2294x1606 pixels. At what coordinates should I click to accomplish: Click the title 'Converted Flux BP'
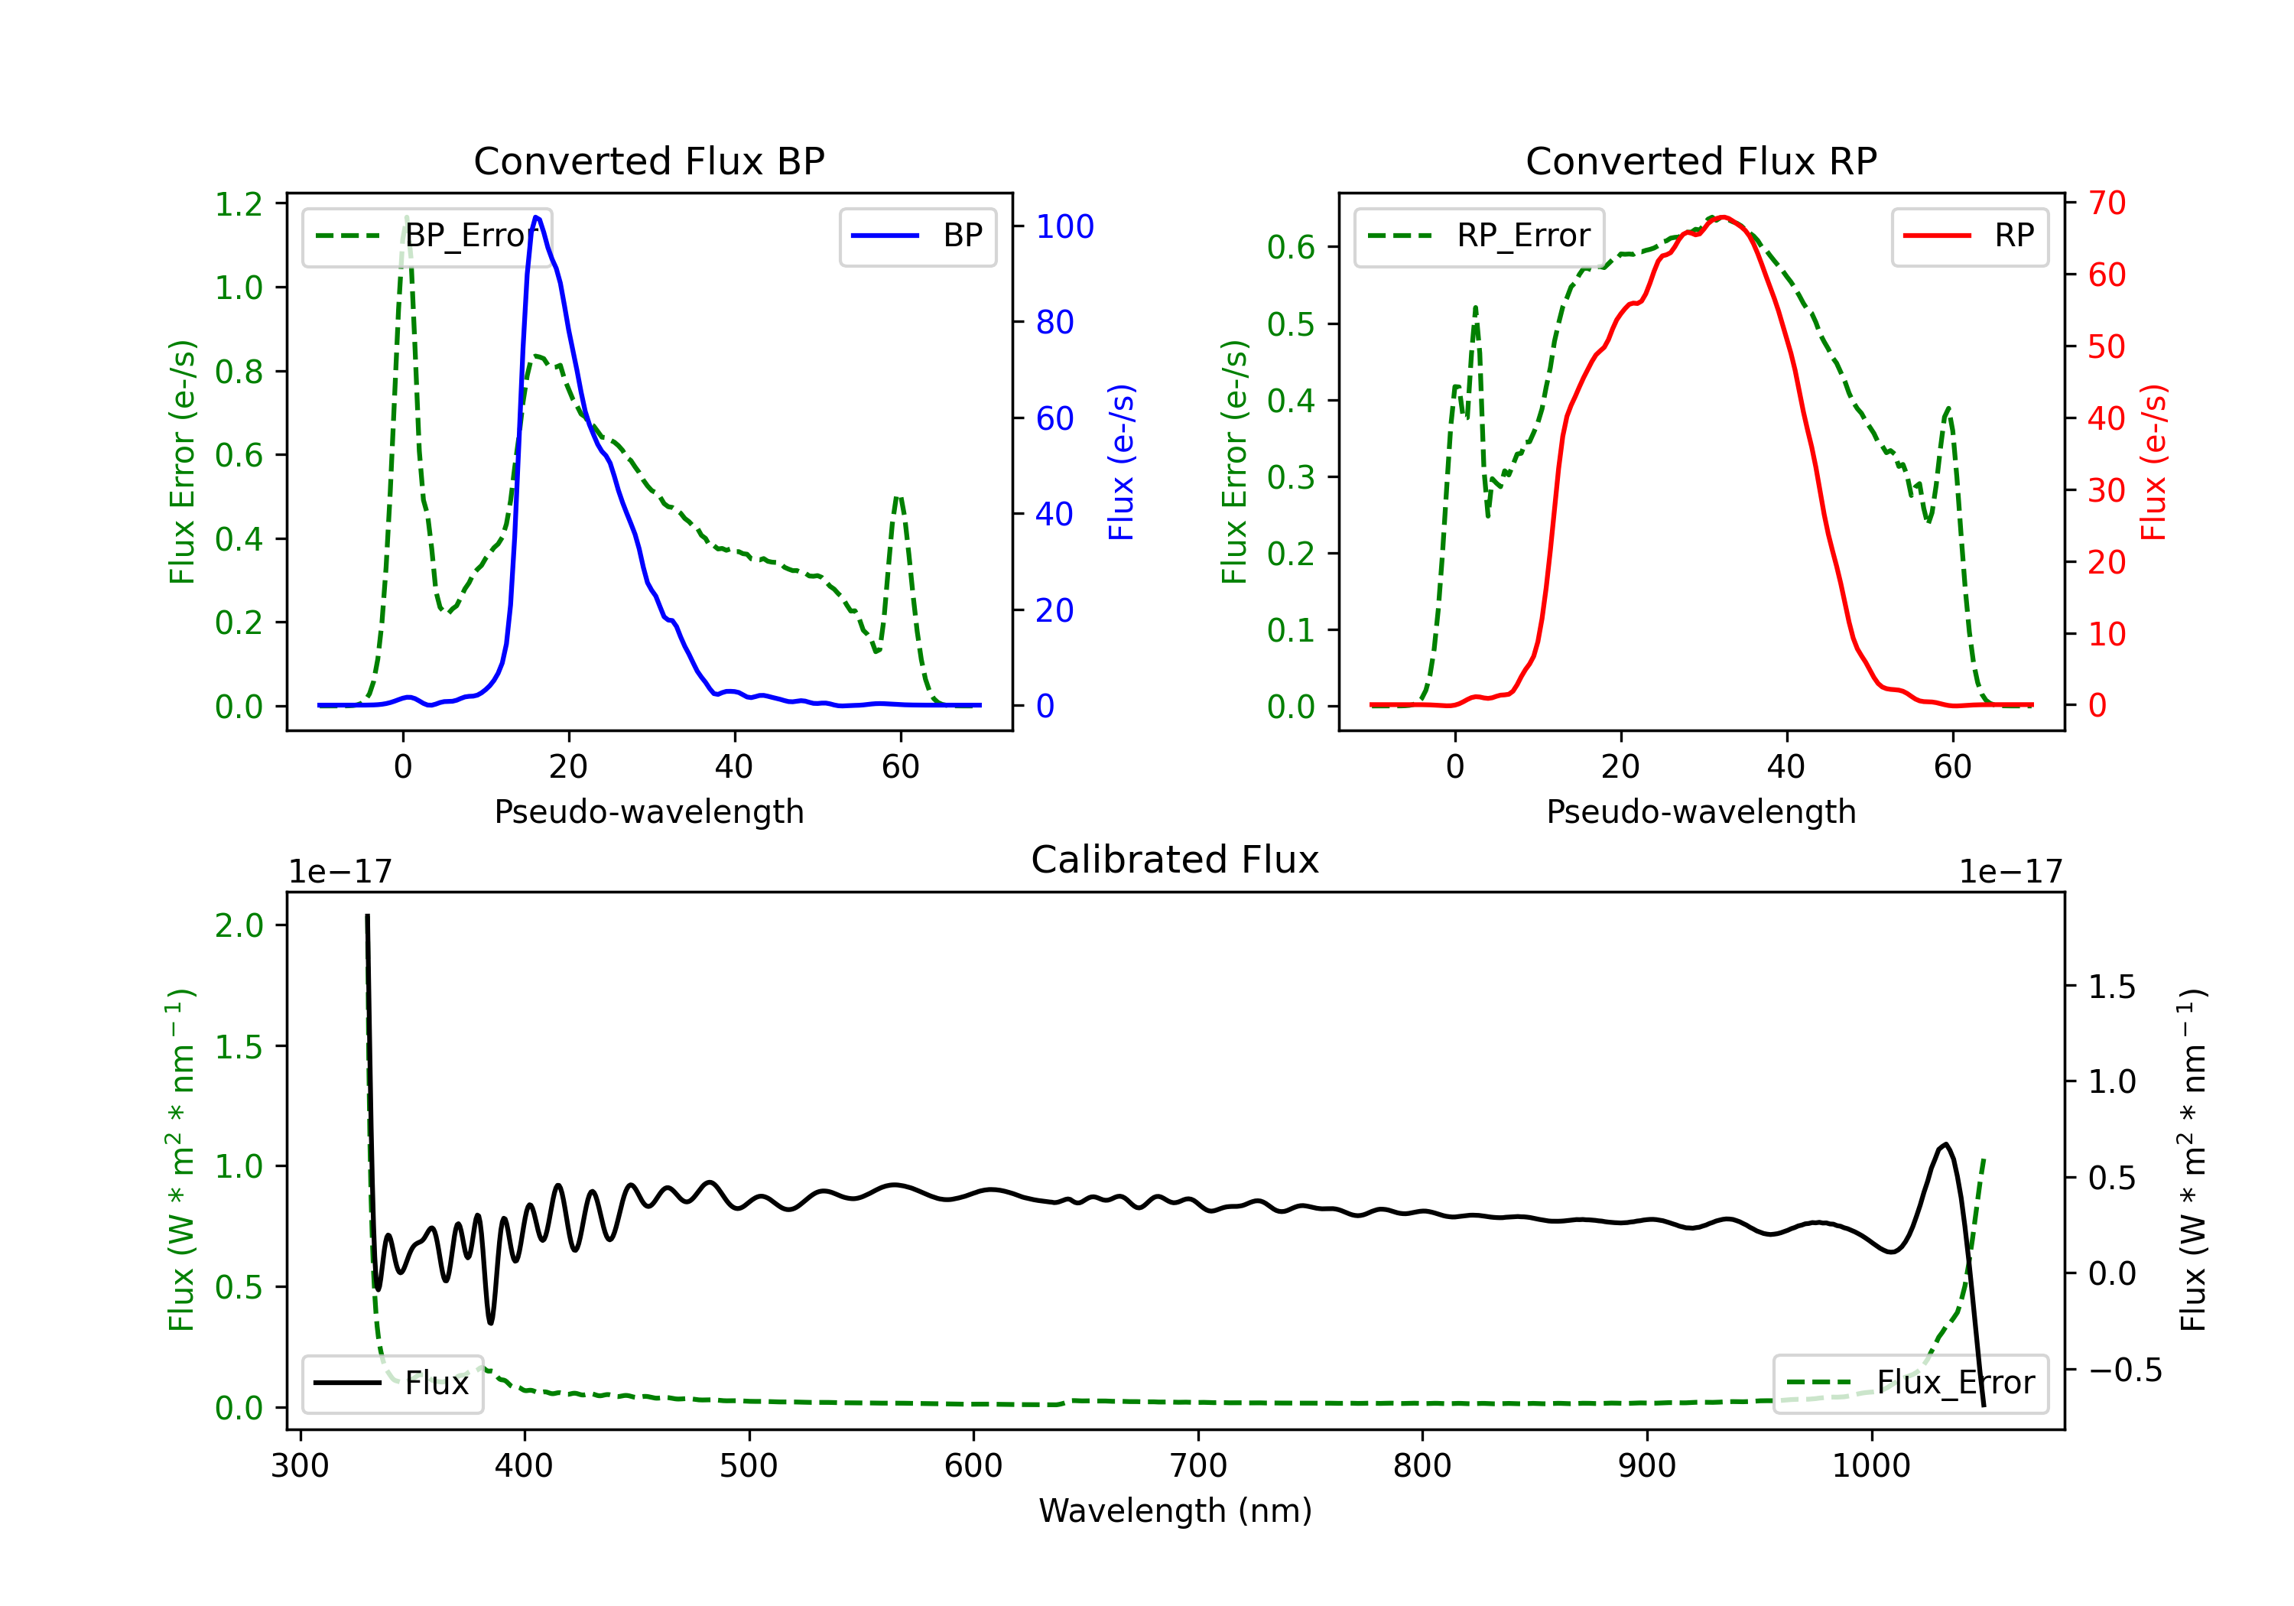[x=648, y=161]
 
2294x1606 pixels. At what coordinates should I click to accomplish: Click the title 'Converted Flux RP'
[x=1701, y=161]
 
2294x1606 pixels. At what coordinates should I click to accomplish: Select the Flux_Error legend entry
[x=1909, y=1383]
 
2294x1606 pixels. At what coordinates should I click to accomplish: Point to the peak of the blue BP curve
[x=537, y=217]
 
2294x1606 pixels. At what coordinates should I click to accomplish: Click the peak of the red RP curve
[x=1723, y=217]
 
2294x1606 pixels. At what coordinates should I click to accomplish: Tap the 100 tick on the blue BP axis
[x=1064, y=227]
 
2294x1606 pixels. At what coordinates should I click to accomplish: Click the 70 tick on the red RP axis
[x=2106, y=203]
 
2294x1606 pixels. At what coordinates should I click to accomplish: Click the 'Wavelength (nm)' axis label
[x=1175, y=1510]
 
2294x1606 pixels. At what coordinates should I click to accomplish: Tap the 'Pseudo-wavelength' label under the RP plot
[x=1701, y=811]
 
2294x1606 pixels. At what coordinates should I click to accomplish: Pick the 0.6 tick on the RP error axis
[x=1291, y=247]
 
